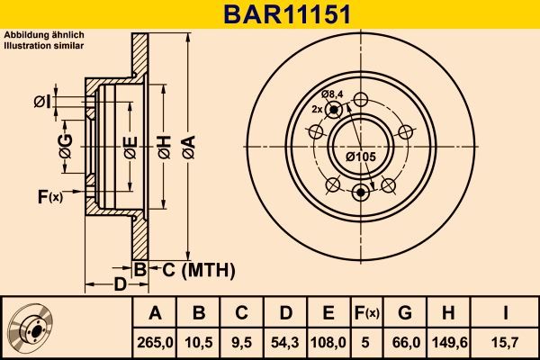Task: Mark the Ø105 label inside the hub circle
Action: (x=360, y=157)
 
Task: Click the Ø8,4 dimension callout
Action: (x=334, y=95)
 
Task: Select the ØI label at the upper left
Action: (x=41, y=102)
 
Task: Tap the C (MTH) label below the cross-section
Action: (x=196, y=269)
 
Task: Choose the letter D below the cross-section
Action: (x=120, y=285)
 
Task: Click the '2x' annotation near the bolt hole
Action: (x=318, y=109)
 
